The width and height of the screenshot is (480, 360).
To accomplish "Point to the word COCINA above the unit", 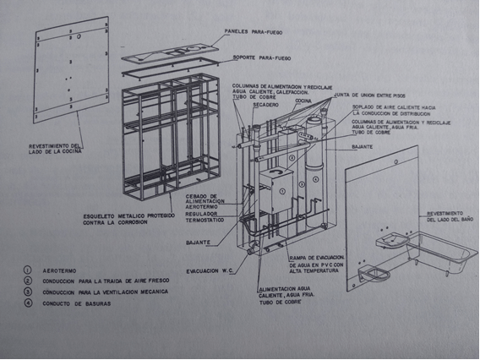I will (307, 99).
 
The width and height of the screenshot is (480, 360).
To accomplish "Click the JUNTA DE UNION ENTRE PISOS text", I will (354, 95).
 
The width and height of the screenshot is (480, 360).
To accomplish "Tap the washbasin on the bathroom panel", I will (391, 241).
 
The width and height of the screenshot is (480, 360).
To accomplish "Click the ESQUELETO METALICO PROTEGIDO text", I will (127, 219).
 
